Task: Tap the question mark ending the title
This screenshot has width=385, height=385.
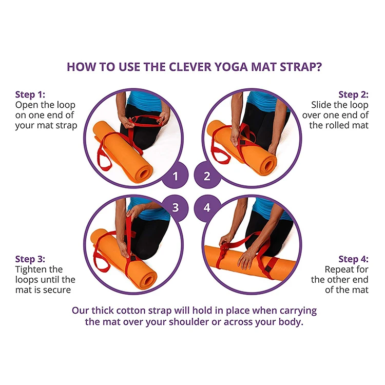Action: (x=319, y=67)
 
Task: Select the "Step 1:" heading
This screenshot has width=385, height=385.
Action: (x=30, y=94)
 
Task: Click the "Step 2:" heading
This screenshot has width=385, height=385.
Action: (x=353, y=94)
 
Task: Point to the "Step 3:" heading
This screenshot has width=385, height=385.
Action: (x=30, y=259)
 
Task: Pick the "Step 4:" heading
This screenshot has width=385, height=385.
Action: (x=353, y=259)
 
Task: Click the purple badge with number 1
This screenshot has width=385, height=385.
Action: (x=176, y=176)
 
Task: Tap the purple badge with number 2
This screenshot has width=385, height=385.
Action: (x=207, y=176)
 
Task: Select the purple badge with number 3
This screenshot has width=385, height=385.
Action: (x=176, y=207)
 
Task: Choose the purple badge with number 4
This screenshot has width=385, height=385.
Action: (x=207, y=207)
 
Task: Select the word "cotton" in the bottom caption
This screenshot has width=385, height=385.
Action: (x=130, y=311)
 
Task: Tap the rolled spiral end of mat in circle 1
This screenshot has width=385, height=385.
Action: (x=142, y=173)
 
